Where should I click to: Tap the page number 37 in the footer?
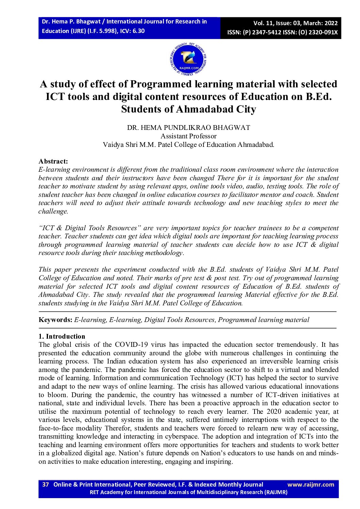46,485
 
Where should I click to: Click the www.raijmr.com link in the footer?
311,485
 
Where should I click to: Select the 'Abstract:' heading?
53,161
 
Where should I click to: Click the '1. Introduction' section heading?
62,336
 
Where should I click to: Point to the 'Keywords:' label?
55,320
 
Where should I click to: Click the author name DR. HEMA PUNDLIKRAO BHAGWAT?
189,128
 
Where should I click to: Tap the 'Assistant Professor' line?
189,136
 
